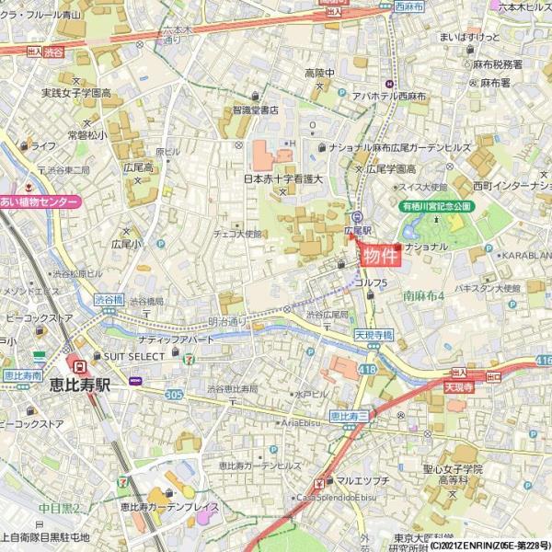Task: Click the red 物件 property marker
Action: click(x=380, y=256)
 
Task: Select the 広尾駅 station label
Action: click(x=357, y=230)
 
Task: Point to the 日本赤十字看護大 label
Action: click(x=282, y=179)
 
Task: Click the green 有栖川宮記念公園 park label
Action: click(x=435, y=207)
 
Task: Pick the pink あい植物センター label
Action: click(x=40, y=201)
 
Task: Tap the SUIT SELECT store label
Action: click(x=132, y=356)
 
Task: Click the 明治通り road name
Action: click(x=227, y=322)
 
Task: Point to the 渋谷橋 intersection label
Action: click(x=114, y=299)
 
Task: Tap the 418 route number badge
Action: click(x=368, y=369)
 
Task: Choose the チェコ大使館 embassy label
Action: click(x=237, y=234)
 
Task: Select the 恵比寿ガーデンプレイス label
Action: click(x=169, y=507)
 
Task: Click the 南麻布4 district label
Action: click(x=423, y=295)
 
